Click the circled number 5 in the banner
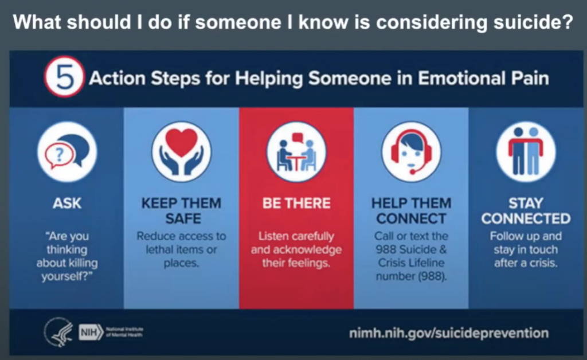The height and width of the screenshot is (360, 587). [64, 77]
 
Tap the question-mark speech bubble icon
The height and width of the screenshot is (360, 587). [67, 152]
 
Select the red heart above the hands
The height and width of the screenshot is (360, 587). [182, 142]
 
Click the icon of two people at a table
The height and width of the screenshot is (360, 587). [296, 152]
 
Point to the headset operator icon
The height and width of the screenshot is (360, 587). [411, 152]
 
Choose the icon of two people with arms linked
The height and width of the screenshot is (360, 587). [526, 152]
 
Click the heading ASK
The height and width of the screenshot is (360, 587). [67, 203]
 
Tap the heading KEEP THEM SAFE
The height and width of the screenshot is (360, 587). [182, 211]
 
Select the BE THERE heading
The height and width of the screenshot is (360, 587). [296, 203]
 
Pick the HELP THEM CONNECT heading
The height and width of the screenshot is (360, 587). [411, 211]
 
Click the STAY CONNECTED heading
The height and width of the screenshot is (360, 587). [526, 211]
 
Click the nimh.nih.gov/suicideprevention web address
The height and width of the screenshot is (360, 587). [449, 332]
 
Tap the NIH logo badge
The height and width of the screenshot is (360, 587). [91, 332]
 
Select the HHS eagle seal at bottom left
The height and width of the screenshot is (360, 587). [58, 331]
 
